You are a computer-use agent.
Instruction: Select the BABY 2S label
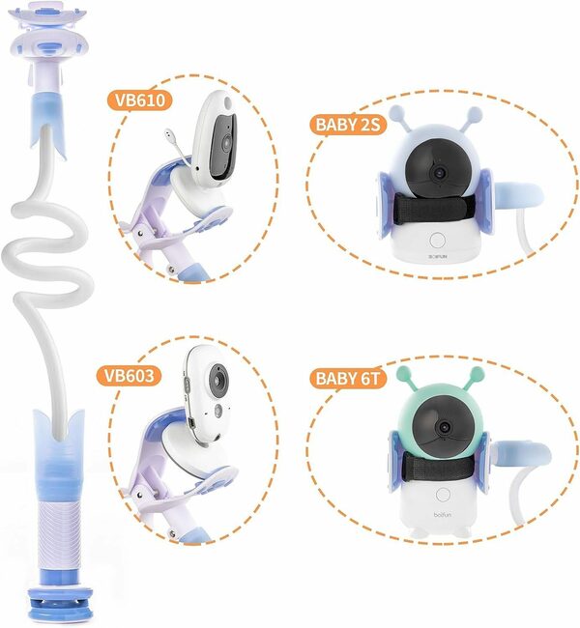coord(347,124)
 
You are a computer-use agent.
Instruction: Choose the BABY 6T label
coord(348,377)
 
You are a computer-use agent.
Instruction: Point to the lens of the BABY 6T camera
coord(445,426)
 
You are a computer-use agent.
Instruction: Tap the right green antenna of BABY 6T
coord(480,371)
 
